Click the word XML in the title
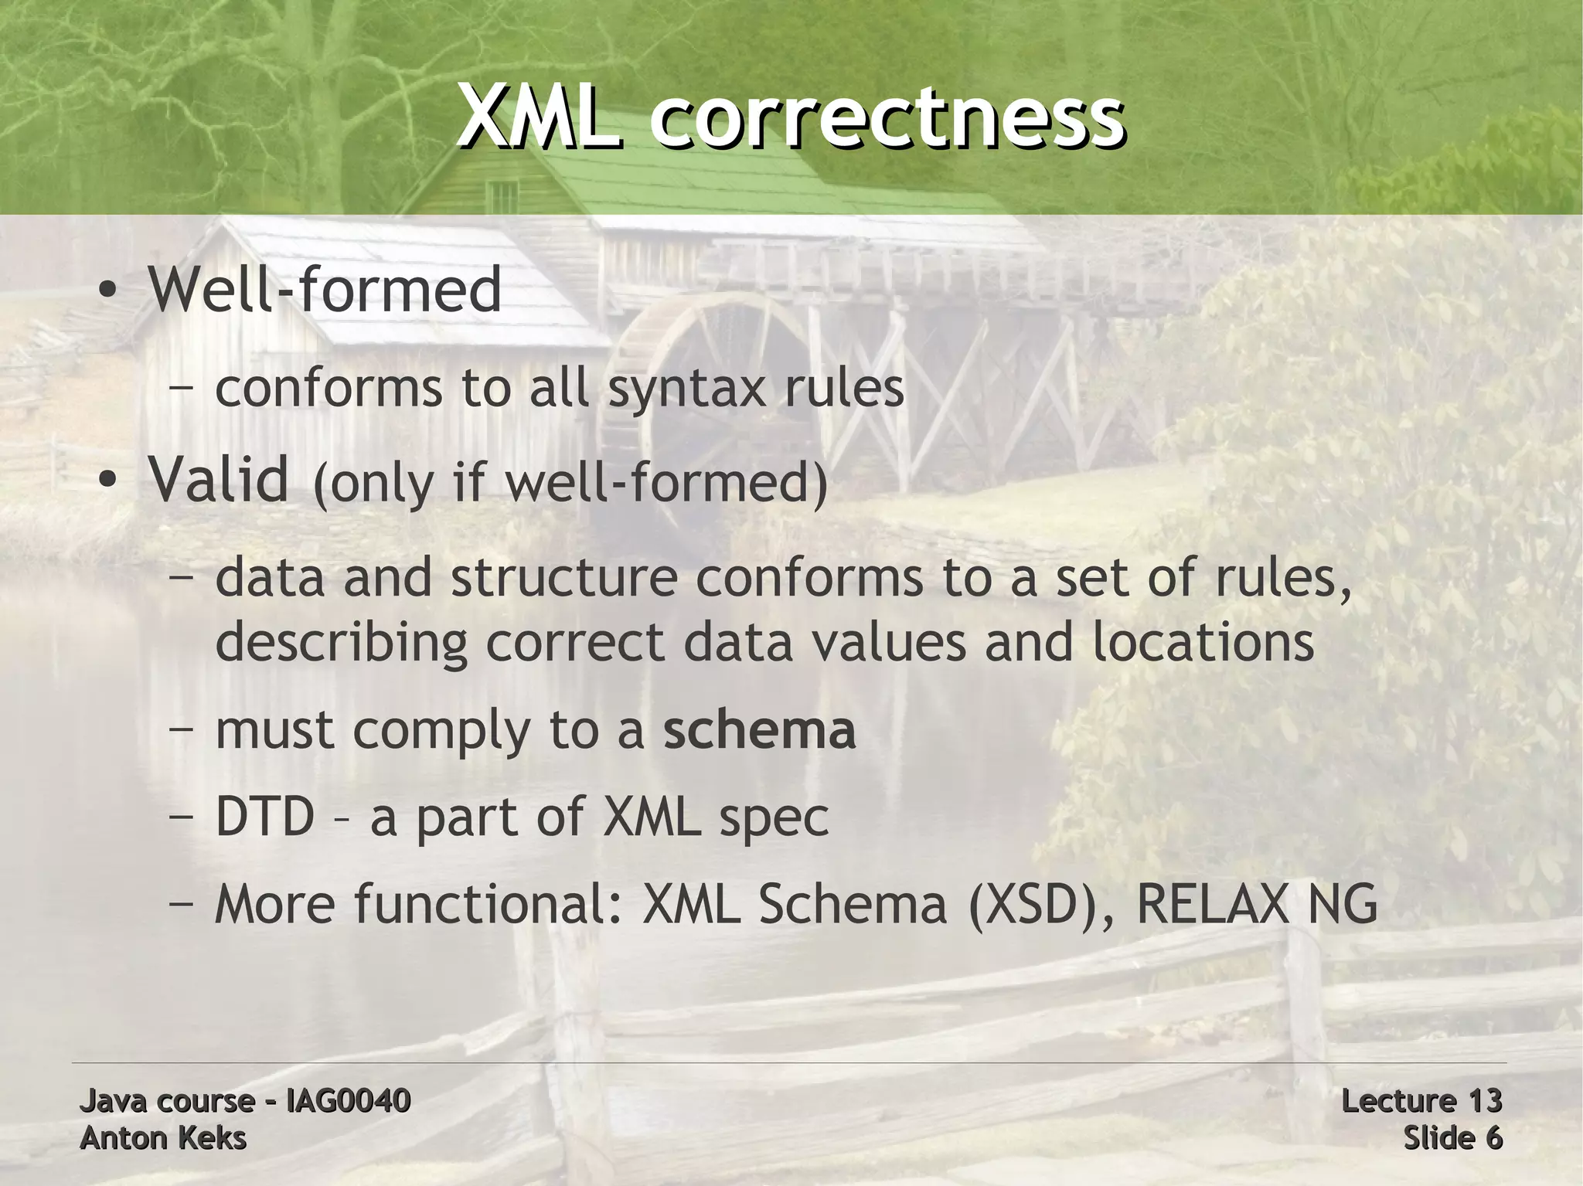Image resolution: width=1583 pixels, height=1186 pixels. point(539,118)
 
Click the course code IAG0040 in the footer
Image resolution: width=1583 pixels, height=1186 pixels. point(348,1100)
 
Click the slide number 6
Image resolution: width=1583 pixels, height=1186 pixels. point(1493,1138)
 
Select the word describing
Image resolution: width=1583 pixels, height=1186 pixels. point(342,643)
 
